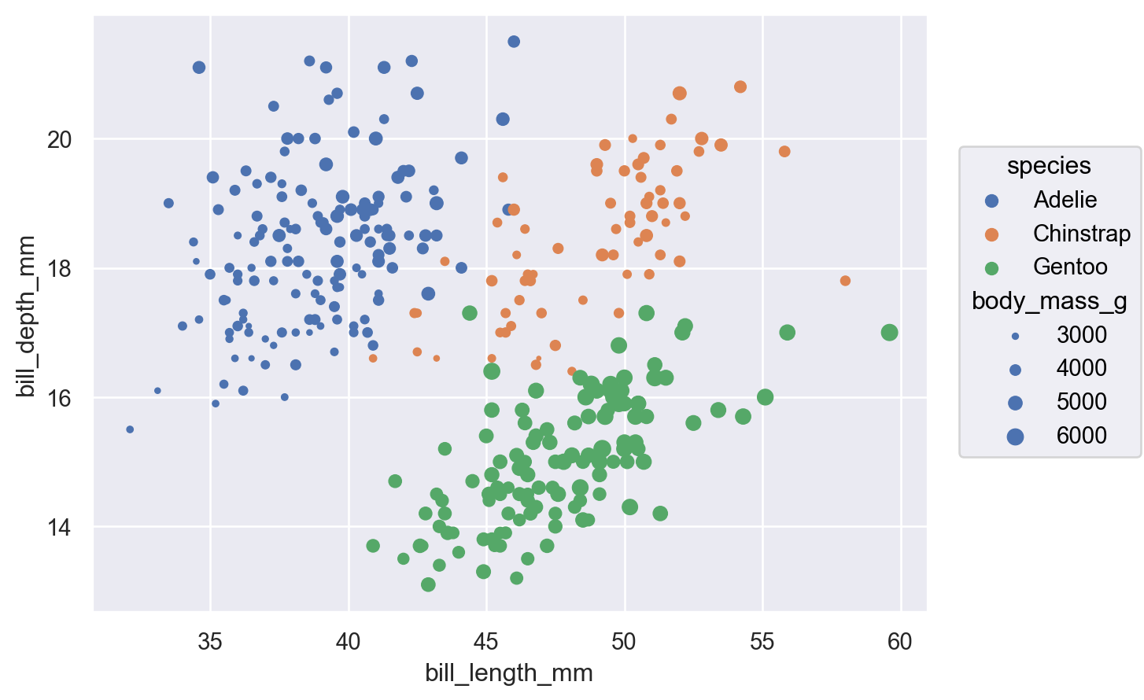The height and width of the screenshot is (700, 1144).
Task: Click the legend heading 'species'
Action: (x=1049, y=166)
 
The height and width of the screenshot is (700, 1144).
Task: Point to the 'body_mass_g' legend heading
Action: (x=1050, y=301)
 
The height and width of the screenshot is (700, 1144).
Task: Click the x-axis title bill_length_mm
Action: (x=509, y=674)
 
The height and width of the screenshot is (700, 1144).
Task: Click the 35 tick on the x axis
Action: (x=210, y=643)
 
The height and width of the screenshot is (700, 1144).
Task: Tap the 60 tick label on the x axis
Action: (x=900, y=643)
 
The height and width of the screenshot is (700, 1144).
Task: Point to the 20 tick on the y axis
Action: (x=60, y=140)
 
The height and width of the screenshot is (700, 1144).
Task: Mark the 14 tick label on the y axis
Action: (x=60, y=527)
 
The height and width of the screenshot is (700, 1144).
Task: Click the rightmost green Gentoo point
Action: (x=889, y=333)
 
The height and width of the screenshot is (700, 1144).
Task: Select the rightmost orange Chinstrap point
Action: (x=845, y=281)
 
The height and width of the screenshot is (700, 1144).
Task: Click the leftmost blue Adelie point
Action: (x=130, y=429)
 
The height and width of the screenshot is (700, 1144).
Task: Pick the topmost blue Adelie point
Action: (x=514, y=42)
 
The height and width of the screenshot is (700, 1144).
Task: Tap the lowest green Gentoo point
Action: (x=428, y=584)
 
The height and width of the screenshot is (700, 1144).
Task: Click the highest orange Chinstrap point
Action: (x=740, y=87)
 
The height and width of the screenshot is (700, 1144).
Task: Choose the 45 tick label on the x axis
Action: (x=486, y=643)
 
